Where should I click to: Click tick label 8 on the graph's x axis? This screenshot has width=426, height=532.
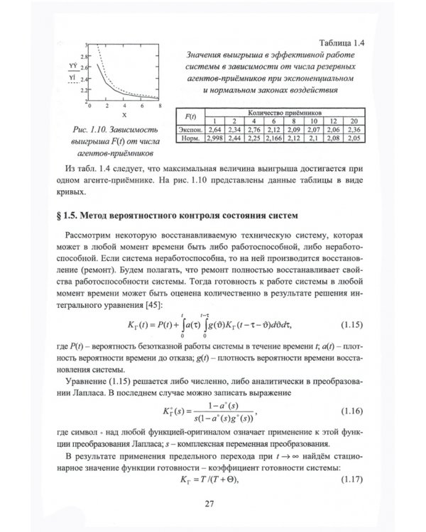160,106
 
